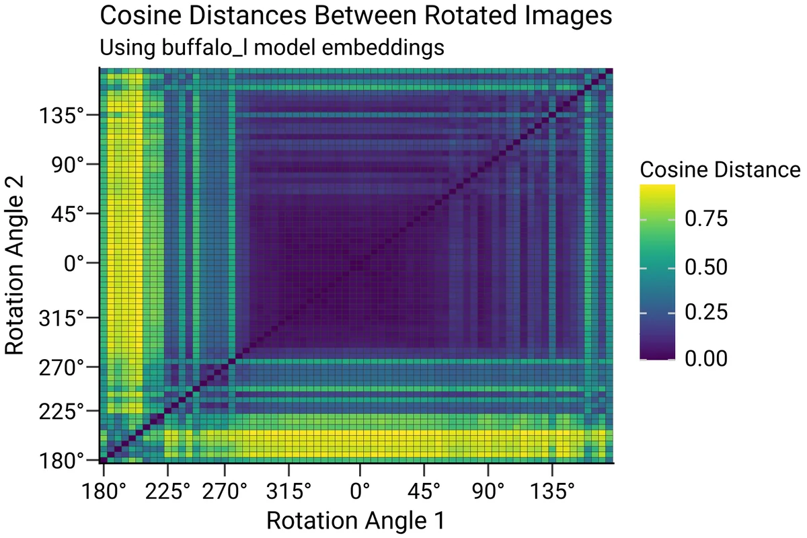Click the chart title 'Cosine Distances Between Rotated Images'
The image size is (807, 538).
(x=356, y=16)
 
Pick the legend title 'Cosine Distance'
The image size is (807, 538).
(x=720, y=169)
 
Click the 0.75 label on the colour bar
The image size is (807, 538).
(x=709, y=219)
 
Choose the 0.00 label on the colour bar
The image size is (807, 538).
(x=709, y=359)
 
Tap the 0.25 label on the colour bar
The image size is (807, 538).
(x=709, y=313)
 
